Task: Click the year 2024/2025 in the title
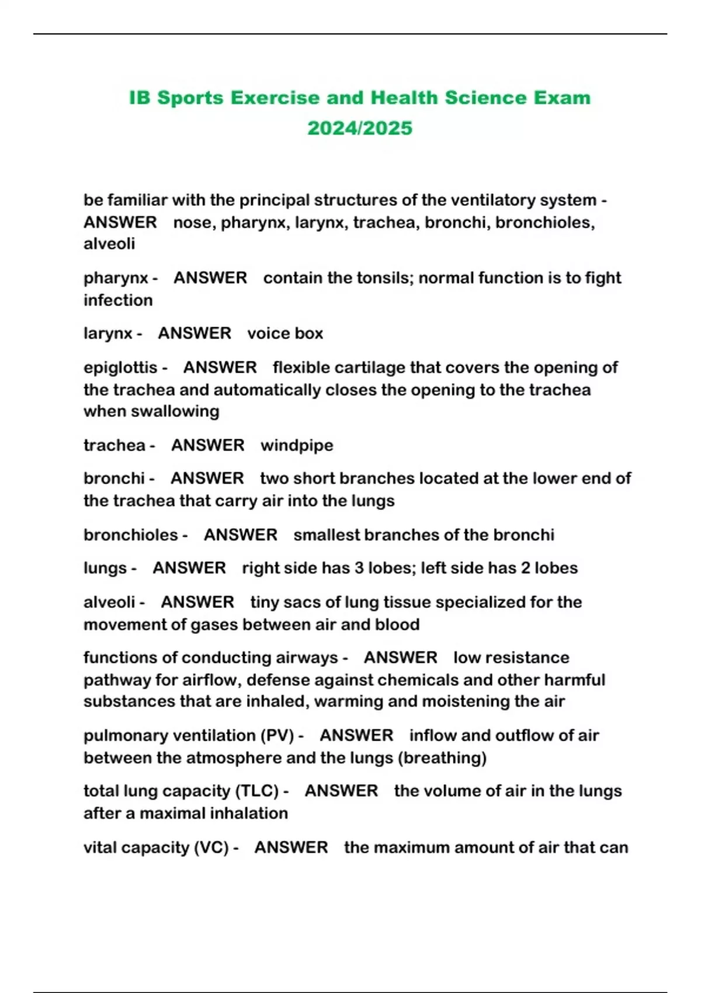(360, 128)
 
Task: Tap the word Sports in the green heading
(190, 98)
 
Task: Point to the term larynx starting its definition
(107, 334)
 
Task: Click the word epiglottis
(120, 367)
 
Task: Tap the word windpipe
(297, 446)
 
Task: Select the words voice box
(285, 334)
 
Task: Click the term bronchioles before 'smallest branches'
(130, 535)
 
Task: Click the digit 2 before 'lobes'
(525, 568)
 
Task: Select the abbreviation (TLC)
(257, 791)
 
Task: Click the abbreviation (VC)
(211, 848)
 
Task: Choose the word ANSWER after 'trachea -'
(207, 446)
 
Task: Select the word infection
(118, 300)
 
